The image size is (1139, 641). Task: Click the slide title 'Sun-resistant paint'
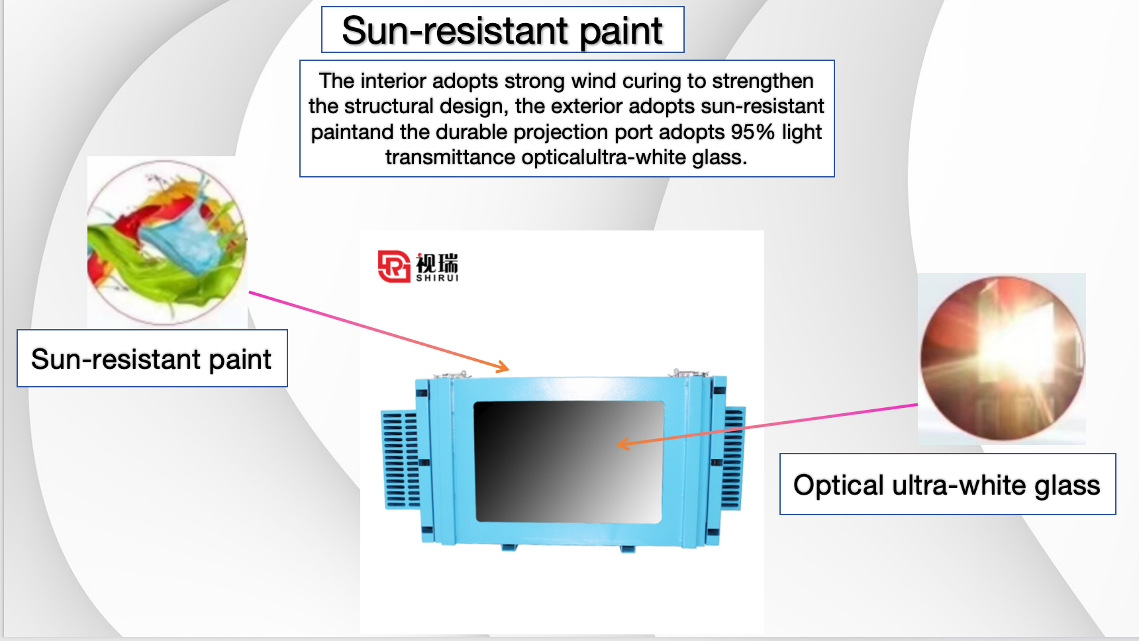pos(502,30)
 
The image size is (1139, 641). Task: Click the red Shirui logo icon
pos(394,266)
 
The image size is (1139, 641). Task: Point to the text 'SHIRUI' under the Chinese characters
pos(437,278)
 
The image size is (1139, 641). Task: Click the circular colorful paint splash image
pos(167,242)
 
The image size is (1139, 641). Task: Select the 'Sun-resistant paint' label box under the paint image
pos(152,358)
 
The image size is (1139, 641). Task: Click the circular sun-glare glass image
pos(1002,358)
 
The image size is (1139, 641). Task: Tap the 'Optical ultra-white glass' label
pos(948,485)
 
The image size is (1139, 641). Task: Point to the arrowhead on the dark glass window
pos(622,444)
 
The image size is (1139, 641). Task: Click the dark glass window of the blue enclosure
pos(569,462)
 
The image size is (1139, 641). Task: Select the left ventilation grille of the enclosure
pos(400,460)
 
